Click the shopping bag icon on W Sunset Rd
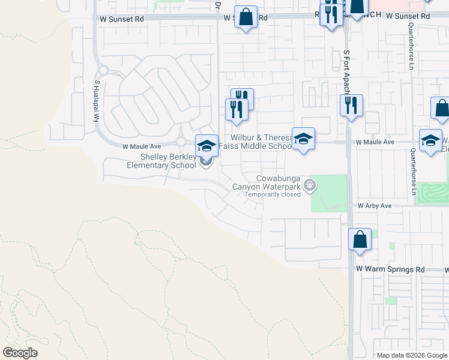coord(246,17)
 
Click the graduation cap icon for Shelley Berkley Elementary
coord(206,146)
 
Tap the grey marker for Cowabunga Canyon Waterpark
coord(310,185)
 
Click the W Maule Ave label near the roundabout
coord(142,146)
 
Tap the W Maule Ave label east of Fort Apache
coord(375,142)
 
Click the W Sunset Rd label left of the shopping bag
coord(122,19)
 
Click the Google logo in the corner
coord(20,353)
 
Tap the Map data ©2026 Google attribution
coord(411,355)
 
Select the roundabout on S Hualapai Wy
coord(103,70)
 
